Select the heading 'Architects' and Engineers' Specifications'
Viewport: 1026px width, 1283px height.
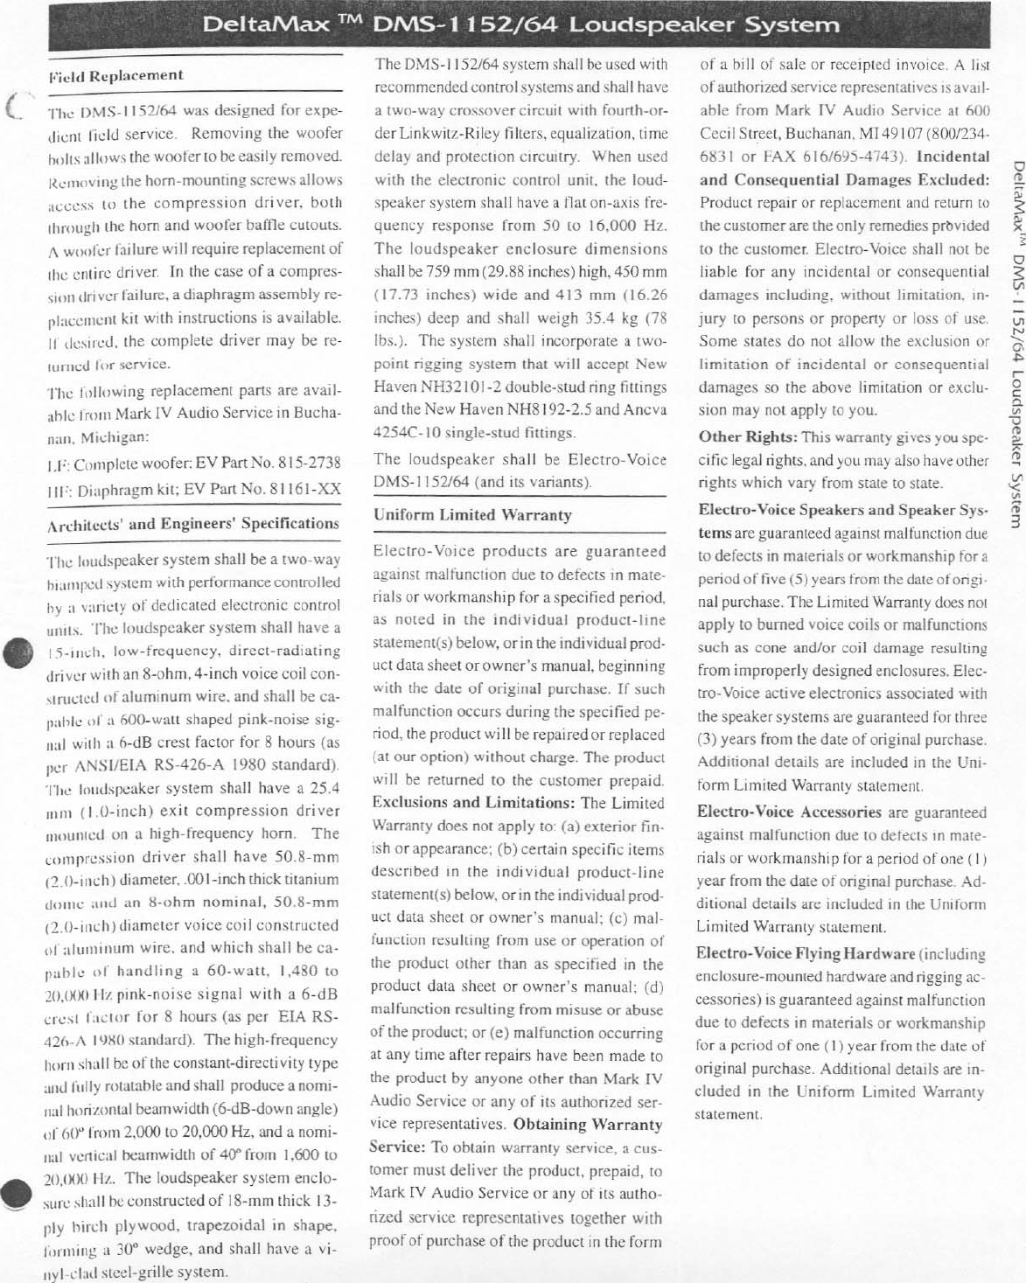pos(192,525)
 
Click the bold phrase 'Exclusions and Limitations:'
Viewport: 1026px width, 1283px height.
pos(473,802)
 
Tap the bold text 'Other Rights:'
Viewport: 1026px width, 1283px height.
pos(748,437)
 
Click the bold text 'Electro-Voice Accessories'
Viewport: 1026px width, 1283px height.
pos(788,812)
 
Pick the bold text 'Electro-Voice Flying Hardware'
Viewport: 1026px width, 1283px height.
pos(806,954)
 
